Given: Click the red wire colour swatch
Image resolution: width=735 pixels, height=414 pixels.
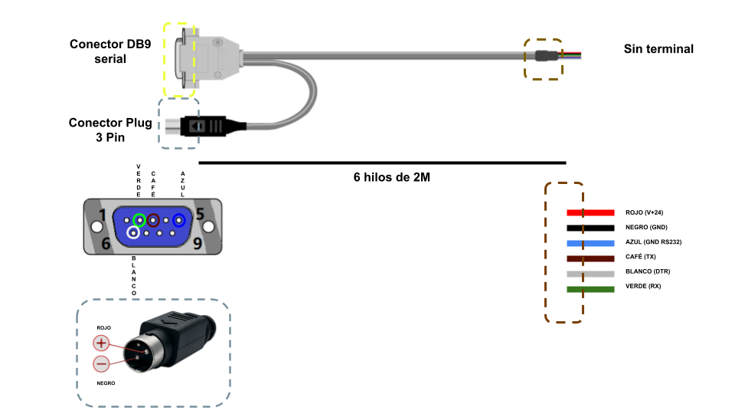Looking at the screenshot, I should (590, 212).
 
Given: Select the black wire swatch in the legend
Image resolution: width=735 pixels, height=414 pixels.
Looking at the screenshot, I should (590, 228).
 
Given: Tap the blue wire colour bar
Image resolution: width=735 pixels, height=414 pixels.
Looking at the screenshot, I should (590, 242).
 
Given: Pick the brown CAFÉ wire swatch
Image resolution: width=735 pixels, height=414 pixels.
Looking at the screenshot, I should (590, 258).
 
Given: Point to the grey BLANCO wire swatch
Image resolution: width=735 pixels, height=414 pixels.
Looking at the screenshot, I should (590, 273).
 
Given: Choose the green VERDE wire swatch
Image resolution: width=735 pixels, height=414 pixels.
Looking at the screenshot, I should (590, 289).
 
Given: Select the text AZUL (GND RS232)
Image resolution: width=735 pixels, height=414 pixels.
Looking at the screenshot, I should (653, 242).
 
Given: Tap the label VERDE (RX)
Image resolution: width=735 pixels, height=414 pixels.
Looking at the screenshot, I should (643, 287).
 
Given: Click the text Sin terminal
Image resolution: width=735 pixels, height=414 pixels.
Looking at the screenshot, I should (658, 49).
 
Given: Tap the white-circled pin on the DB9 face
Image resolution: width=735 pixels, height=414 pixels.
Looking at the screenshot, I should (133, 232).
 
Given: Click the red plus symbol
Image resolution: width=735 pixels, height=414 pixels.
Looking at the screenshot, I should (101, 344).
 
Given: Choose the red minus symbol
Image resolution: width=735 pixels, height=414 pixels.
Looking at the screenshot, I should (101, 365).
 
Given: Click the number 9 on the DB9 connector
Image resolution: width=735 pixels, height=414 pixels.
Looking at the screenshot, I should (198, 245).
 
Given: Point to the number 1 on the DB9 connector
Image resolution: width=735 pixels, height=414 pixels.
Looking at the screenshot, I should (102, 215).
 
